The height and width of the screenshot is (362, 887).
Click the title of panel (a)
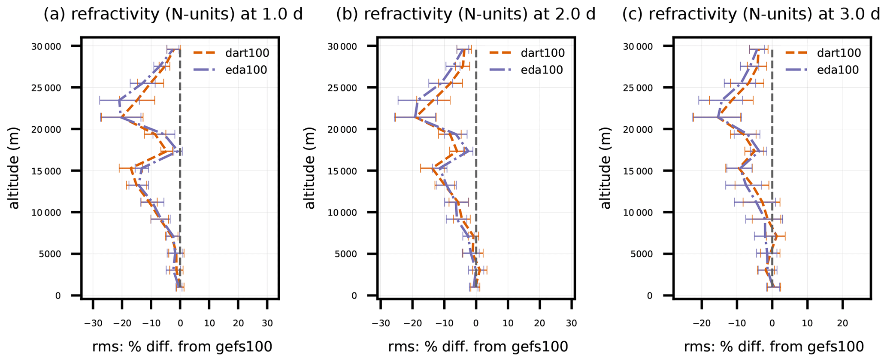173,15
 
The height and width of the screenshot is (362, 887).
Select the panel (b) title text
466,15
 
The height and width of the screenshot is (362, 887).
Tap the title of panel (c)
754,15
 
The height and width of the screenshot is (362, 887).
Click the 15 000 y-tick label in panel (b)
342,171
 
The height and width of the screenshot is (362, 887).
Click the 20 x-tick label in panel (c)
843,323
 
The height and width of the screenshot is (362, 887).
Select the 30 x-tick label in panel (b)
571,323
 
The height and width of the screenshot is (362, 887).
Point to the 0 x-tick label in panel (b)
476,323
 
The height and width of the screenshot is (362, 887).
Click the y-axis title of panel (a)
14,168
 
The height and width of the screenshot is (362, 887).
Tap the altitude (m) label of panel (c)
605,168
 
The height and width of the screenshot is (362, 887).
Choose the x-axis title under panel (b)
478,347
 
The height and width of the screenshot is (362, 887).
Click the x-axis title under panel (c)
774,347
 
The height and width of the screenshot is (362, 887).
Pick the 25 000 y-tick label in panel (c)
638,88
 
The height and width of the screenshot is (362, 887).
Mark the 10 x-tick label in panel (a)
209,323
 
